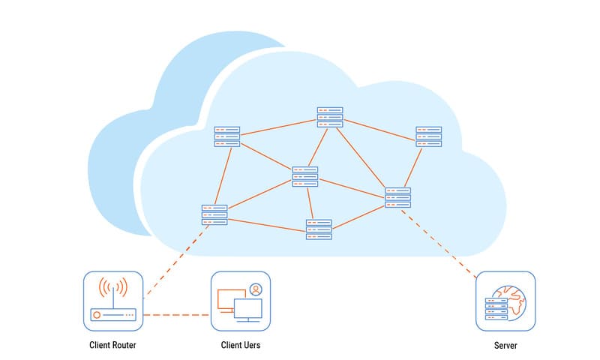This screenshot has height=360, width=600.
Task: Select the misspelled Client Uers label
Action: pyautogui.click(x=241, y=345)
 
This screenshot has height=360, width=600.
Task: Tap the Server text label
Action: pyautogui.click(x=505, y=345)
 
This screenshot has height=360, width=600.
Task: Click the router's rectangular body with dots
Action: pyautogui.click(x=112, y=315)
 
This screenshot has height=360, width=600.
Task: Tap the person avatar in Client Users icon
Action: pyautogui.click(x=256, y=289)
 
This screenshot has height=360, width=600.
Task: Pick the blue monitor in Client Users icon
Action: pyautogui.click(x=247, y=308)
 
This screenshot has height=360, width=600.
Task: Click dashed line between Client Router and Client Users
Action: pyautogui.click(x=176, y=315)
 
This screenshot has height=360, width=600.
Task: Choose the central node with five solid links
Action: pyautogui.click(x=305, y=176)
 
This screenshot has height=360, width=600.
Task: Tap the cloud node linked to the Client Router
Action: pyautogui.click(x=214, y=214)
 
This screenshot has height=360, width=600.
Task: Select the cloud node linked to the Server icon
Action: pyautogui.click(x=397, y=197)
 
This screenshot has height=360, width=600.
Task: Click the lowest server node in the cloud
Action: pyautogui.click(x=318, y=229)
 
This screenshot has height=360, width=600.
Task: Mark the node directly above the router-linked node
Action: pyautogui.click(x=226, y=136)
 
